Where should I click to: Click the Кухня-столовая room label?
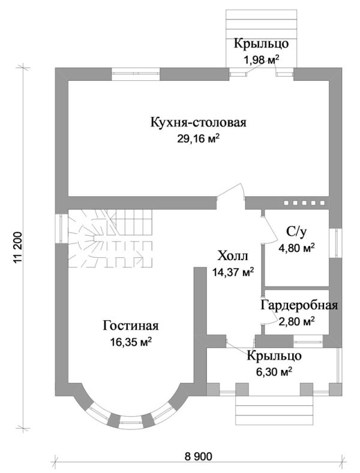(198, 123)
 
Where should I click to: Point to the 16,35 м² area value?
(130, 342)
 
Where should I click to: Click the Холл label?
(232, 257)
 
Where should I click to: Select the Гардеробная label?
(299, 306)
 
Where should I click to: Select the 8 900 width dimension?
(198, 457)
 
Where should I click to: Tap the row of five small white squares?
(304, 203)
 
